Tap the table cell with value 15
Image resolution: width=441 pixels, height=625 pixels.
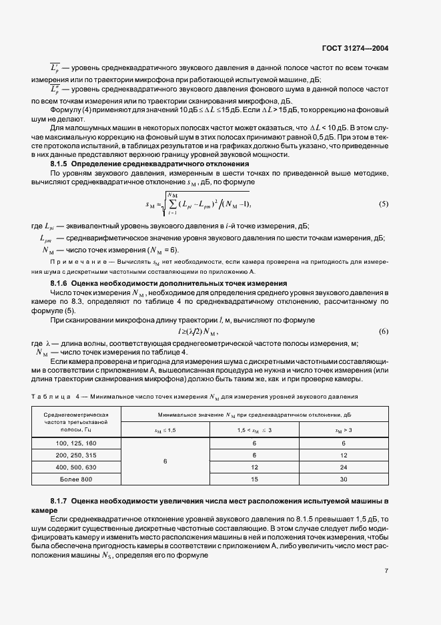tap(254, 479)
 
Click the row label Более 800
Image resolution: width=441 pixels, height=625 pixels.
tap(75, 479)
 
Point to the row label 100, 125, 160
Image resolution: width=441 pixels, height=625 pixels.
tap(75, 443)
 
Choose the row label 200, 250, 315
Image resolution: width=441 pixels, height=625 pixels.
tap(75, 455)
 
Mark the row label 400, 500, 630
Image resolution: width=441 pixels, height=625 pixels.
tap(75, 467)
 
